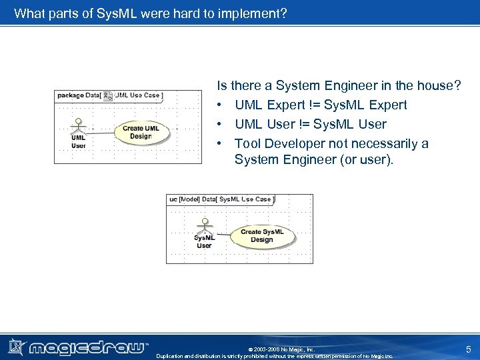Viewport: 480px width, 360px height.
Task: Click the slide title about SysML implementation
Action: point(150,13)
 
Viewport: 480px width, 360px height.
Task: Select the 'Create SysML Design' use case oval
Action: point(261,236)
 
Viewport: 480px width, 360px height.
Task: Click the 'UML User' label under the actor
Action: point(79,141)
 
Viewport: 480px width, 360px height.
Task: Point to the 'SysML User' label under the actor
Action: point(204,241)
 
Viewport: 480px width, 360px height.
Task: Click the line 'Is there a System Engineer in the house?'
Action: point(339,85)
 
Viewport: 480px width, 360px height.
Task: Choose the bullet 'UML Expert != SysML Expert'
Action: point(320,105)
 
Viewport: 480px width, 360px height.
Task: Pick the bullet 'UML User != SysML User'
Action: point(310,124)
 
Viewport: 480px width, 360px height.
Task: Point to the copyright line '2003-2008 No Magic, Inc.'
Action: point(281,349)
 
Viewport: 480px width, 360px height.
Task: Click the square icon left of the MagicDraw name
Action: point(17,347)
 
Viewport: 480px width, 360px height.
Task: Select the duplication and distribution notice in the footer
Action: point(274,356)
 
